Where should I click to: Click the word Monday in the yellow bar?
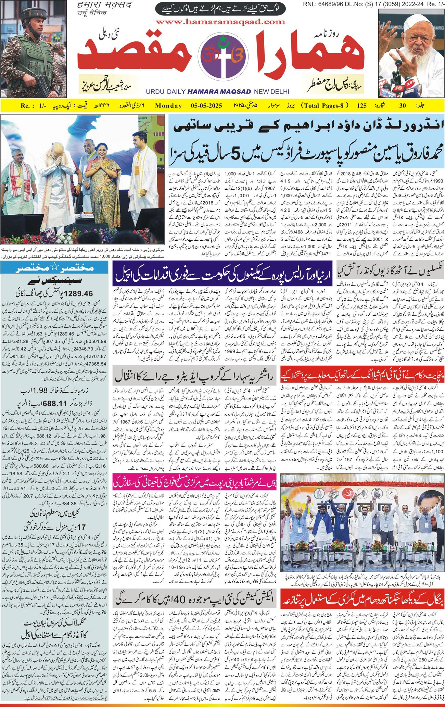pos(168,106)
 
